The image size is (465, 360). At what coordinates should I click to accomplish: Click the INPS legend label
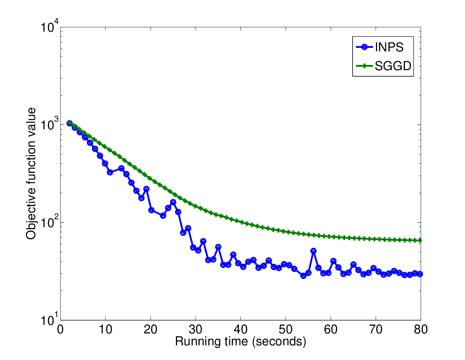(x=389, y=47)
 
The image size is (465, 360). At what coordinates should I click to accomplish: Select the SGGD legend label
(x=393, y=66)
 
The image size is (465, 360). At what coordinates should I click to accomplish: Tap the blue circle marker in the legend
(x=364, y=47)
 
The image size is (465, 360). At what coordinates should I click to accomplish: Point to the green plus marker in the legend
(x=364, y=66)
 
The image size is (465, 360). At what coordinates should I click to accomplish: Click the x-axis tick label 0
(x=60, y=330)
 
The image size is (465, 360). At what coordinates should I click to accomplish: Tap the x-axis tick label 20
(x=151, y=330)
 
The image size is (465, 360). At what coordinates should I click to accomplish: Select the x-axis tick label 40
(x=241, y=330)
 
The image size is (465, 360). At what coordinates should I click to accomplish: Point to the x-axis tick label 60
(x=331, y=330)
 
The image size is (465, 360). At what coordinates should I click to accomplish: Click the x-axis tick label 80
(x=421, y=330)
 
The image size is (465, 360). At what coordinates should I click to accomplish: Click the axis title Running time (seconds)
(x=241, y=342)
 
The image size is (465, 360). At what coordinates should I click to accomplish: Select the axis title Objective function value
(x=31, y=173)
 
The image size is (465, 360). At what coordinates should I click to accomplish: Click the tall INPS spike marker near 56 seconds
(x=313, y=251)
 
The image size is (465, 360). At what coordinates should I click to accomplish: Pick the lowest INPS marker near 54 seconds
(x=303, y=276)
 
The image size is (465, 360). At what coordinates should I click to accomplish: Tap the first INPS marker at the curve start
(x=69, y=123)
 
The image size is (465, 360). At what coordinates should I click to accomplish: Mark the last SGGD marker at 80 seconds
(x=420, y=240)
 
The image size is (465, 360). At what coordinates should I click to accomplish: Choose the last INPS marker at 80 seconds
(x=420, y=274)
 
